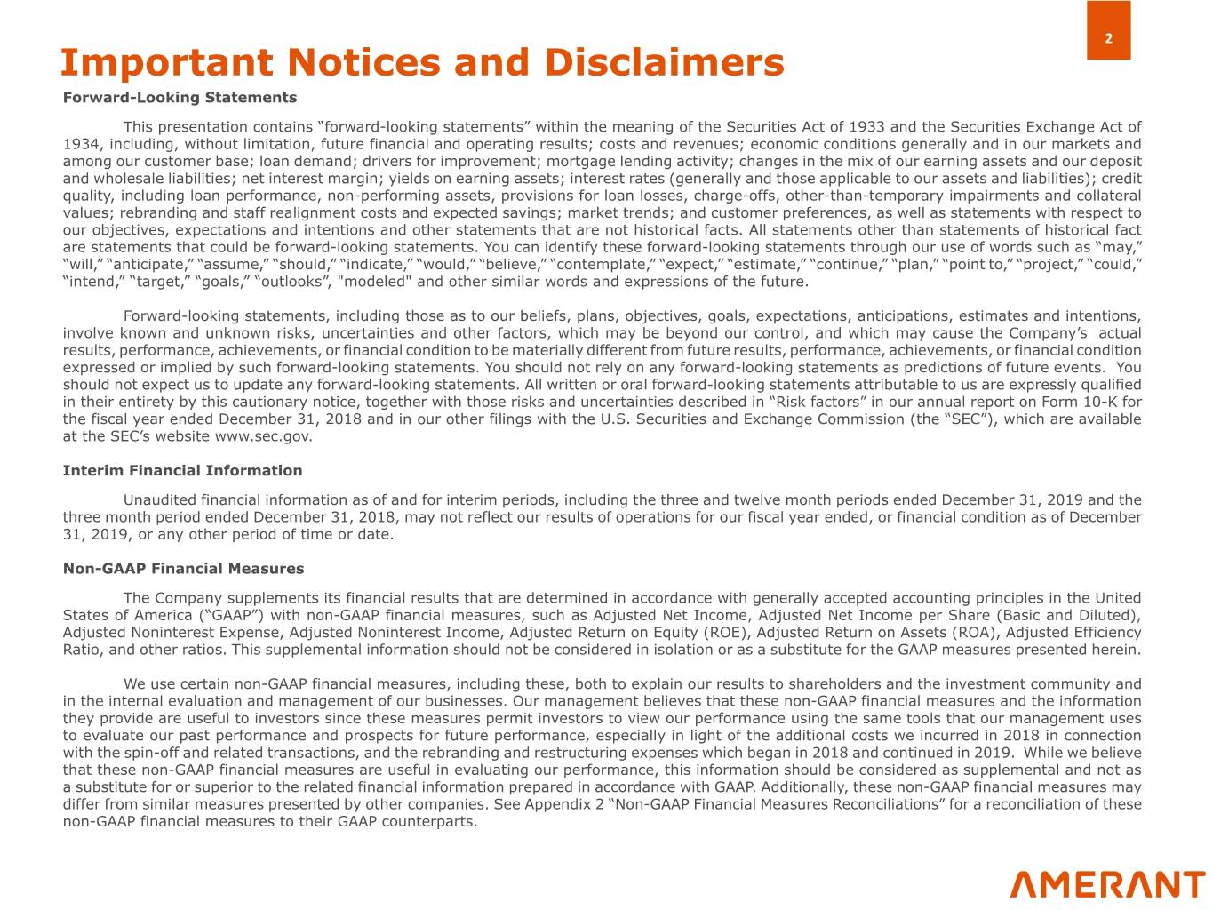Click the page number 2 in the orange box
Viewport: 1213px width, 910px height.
tap(1108, 38)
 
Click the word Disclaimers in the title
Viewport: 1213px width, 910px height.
tap(664, 62)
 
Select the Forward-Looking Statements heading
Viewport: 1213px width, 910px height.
tap(180, 97)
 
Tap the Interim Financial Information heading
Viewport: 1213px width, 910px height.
tap(182, 470)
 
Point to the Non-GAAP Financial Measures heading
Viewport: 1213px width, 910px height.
tap(183, 568)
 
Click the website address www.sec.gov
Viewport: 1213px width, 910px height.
tap(263, 436)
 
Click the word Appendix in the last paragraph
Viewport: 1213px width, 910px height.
tap(555, 804)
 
